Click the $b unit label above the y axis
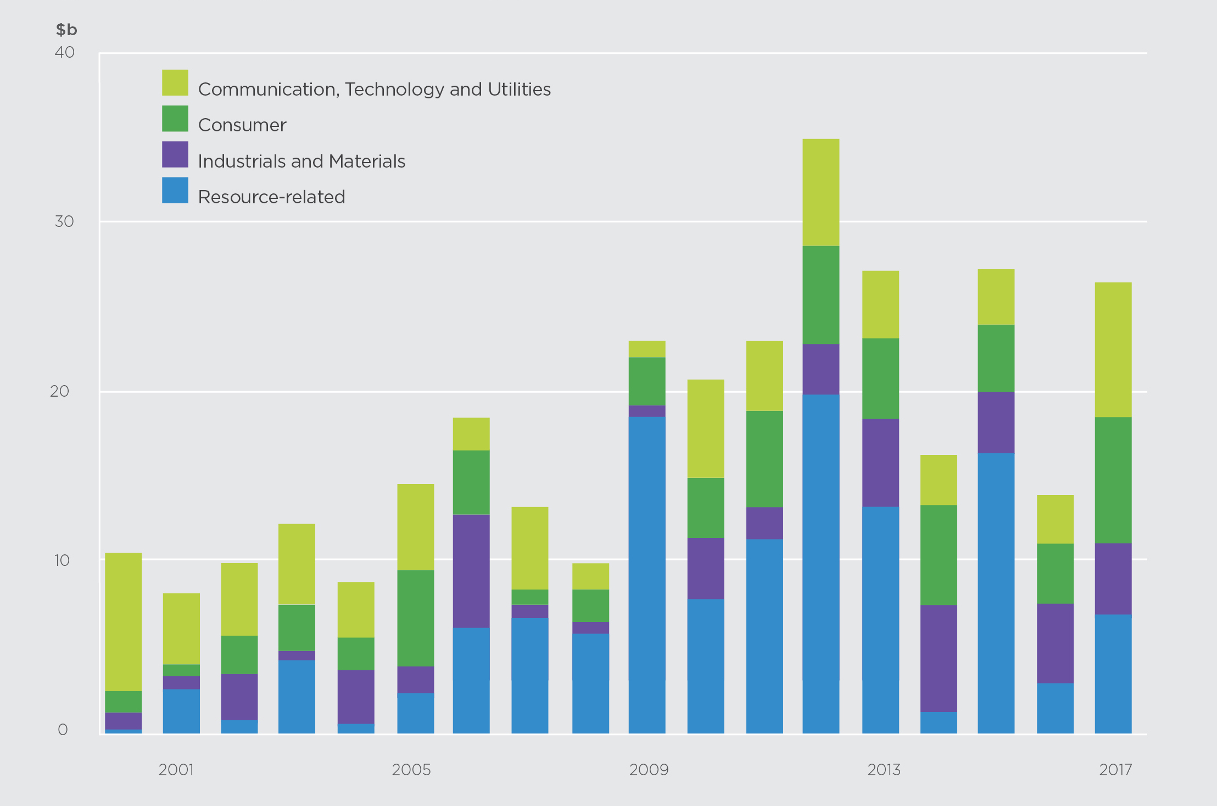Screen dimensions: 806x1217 66,30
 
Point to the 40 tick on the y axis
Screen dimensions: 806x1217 65,52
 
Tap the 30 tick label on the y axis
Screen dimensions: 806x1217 64,221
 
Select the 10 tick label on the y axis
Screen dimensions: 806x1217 62,560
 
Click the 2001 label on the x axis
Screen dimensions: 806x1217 176,770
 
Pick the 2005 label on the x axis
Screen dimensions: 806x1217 411,770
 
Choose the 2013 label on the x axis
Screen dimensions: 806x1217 884,770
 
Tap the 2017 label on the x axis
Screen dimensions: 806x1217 1115,770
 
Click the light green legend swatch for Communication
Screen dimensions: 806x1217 175,82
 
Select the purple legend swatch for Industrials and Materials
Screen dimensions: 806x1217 175,154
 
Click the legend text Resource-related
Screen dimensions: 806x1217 271,197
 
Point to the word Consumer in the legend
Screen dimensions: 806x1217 242,125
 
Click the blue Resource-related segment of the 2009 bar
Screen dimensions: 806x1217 647,574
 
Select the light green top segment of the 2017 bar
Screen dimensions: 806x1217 1113,349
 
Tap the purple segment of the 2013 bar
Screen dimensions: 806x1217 880,463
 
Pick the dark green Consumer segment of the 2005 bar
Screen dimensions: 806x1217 415,618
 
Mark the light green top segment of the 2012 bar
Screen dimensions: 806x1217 820,192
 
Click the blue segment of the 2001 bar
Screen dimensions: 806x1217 181,711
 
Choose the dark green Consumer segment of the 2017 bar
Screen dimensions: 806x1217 1113,480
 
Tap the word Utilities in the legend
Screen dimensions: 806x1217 519,89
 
